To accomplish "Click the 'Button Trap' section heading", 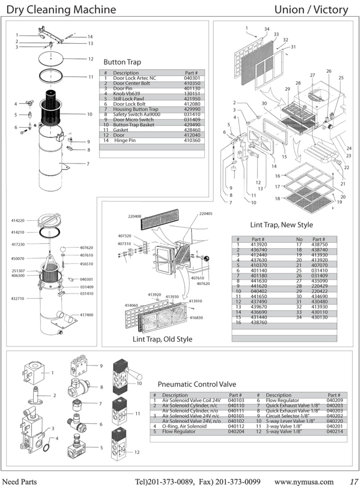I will click(122, 62).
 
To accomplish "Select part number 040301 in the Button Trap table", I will click(192, 78).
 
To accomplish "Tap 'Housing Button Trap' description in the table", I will click(135, 109).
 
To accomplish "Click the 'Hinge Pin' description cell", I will click(125, 140).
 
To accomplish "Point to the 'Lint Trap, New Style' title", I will click(281, 225).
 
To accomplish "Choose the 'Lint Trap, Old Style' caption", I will click(162, 339).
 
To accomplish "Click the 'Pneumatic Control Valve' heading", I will click(197, 384).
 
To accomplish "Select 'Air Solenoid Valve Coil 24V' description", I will click(191, 400).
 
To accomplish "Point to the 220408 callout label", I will click(134, 216).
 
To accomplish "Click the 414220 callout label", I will click(18, 221).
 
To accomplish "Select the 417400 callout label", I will click(87, 315).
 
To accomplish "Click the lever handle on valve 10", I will click(135, 375).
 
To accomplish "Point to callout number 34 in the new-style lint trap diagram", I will click(267, 29).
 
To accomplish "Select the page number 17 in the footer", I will click(354, 482).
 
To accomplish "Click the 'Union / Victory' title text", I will click(311, 10).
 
